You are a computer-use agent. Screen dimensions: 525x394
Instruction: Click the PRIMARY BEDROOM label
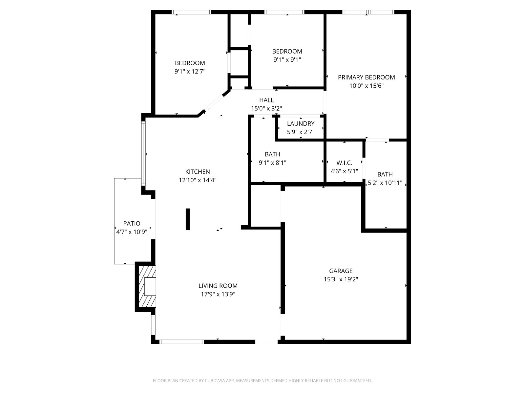click(x=366, y=77)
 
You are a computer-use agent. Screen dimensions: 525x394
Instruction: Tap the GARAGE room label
click(x=341, y=271)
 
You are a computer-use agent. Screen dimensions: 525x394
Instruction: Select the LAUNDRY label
click(x=301, y=123)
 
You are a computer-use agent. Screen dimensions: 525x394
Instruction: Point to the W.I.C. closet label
click(x=344, y=163)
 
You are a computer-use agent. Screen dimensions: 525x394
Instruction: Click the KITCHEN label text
click(x=198, y=171)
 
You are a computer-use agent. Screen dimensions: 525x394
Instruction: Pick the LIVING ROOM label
click(x=218, y=286)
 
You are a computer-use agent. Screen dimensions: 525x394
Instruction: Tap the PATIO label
click(x=132, y=224)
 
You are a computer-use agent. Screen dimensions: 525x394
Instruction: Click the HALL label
click(x=266, y=100)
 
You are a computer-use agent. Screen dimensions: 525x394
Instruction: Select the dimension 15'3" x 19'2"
click(x=341, y=279)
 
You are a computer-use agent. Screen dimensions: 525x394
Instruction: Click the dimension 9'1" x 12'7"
click(x=190, y=71)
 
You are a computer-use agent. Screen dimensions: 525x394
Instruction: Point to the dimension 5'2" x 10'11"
click(x=385, y=183)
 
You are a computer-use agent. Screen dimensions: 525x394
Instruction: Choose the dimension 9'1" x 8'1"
click(x=272, y=163)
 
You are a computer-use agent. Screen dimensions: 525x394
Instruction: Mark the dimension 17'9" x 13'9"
click(x=218, y=294)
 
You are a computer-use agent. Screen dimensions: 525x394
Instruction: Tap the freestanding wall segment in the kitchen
click(x=188, y=219)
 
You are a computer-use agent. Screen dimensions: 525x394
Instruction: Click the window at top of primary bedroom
click(x=368, y=12)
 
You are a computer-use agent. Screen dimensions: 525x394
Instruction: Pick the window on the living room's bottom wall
click(x=182, y=342)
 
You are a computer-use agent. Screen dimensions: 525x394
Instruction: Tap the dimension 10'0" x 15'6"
click(x=366, y=86)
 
